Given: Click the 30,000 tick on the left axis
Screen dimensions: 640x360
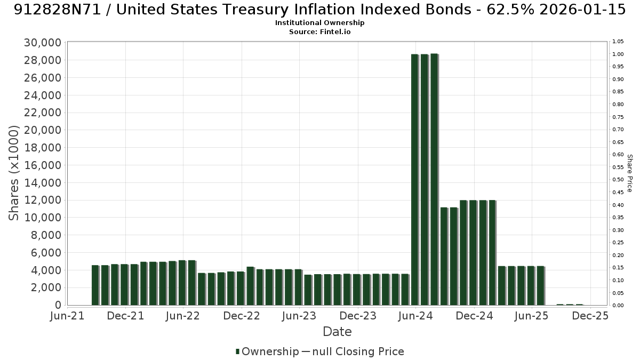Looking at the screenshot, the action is coord(43,43).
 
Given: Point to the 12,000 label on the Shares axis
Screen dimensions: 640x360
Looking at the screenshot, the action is coord(43,200).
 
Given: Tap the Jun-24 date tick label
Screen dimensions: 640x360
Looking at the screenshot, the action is coord(415,316).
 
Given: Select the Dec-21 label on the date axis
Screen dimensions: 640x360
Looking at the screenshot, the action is coord(125,316).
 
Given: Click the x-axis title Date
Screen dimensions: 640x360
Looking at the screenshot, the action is coord(337,332).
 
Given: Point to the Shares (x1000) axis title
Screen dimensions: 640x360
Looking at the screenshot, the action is coord(13,173).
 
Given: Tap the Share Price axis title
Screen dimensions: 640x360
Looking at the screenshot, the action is coord(629,173).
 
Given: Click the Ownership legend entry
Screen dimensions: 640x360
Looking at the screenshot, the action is coord(267,351).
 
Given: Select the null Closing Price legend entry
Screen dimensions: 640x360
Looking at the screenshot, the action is coord(353,351).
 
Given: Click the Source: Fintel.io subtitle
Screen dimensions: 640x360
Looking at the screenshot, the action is coord(319,31).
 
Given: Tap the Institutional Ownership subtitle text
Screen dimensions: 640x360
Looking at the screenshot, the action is coord(319,23).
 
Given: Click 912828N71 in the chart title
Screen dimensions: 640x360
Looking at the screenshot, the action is coord(58,10).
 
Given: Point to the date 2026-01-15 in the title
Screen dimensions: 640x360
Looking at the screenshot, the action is coord(582,10).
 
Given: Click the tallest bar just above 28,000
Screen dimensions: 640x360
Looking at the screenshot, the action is coord(434,179).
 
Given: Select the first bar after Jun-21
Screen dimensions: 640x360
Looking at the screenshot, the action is coord(95,285).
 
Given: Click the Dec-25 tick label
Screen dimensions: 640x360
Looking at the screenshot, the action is coord(590,316).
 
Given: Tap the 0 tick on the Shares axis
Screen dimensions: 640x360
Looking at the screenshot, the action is coord(58,305).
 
